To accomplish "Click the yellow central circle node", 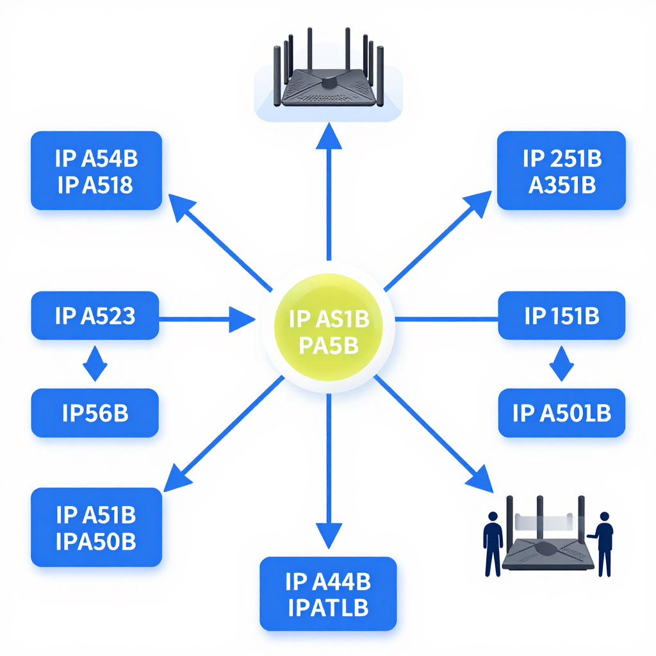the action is (x=329, y=327).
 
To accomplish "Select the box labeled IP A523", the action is (x=95, y=315).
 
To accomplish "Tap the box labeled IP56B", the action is (x=95, y=413).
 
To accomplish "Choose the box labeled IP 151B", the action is (x=561, y=315).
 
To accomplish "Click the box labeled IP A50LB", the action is (x=561, y=413).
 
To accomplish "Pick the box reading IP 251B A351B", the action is (x=561, y=170).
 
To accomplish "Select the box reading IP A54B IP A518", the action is (x=96, y=170).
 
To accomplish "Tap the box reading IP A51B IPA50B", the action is (x=96, y=527).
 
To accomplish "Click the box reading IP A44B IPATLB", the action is (x=328, y=594).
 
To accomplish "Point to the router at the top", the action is (x=329, y=69).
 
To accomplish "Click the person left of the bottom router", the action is (x=493, y=544).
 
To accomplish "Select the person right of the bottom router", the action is (x=602, y=544).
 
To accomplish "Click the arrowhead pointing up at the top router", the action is (x=329, y=137).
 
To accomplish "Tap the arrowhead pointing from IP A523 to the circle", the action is (x=242, y=320).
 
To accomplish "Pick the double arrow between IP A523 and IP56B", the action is (x=95, y=364).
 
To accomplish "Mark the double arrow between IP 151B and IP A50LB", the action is (x=561, y=364).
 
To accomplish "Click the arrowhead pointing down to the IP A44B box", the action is (x=329, y=536).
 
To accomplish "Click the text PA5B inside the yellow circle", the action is (x=329, y=346).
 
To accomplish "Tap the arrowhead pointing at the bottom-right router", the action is (x=480, y=479).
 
